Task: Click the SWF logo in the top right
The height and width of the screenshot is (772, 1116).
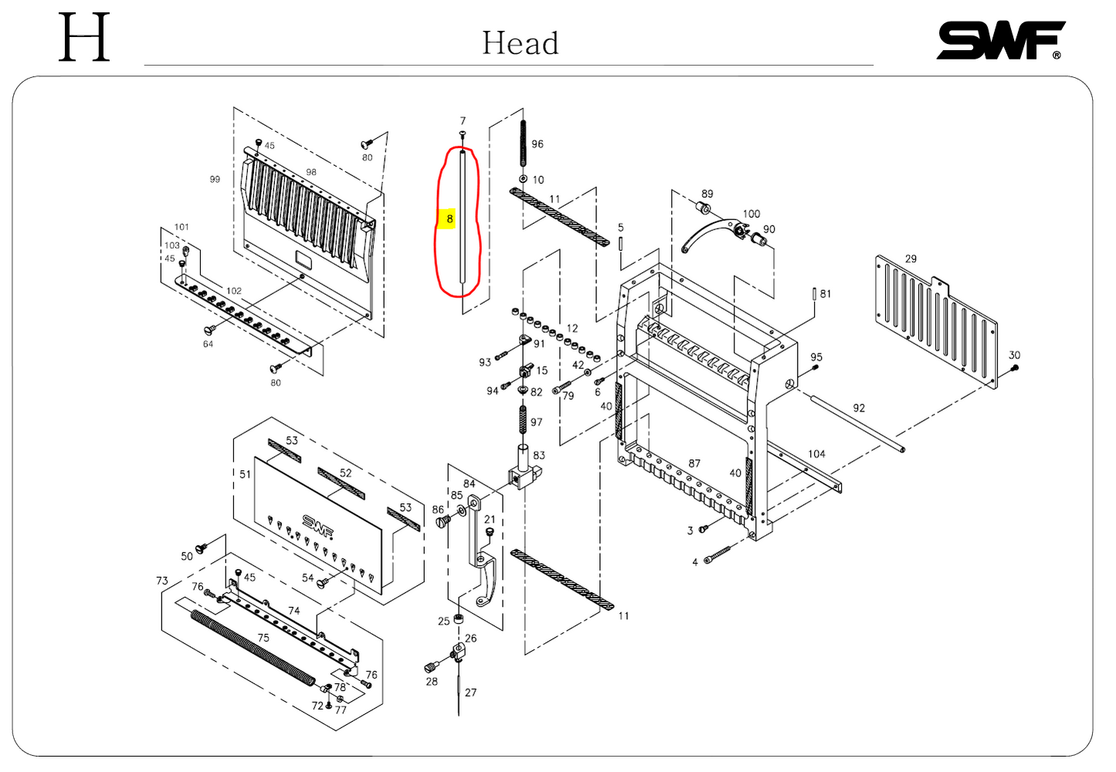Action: tap(1000, 40)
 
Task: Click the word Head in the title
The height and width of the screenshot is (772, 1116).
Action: tap(520, 43)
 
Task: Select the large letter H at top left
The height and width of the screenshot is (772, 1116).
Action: tap(84, 37)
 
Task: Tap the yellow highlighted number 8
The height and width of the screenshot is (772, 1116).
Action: tap(449, 219)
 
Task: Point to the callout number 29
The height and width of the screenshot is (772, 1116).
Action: tap(911, 259)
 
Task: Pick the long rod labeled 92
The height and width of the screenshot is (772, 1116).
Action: tap(857, 424)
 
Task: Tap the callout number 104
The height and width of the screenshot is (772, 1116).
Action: tap(816, 454)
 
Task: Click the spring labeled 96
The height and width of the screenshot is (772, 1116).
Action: tap(523, 143)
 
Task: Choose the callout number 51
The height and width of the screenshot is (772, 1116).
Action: tap(245, 474)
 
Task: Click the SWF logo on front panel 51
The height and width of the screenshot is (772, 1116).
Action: tap(317, 524)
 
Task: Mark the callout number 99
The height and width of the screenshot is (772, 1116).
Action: tap(215, 179)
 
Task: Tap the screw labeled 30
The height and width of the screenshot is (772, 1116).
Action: tap(1015, 367)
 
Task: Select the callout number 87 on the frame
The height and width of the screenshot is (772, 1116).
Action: tap(694, 463)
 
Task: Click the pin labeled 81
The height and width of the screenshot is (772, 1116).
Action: tap(814, 294)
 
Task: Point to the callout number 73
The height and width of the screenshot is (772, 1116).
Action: tap(161, 581)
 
